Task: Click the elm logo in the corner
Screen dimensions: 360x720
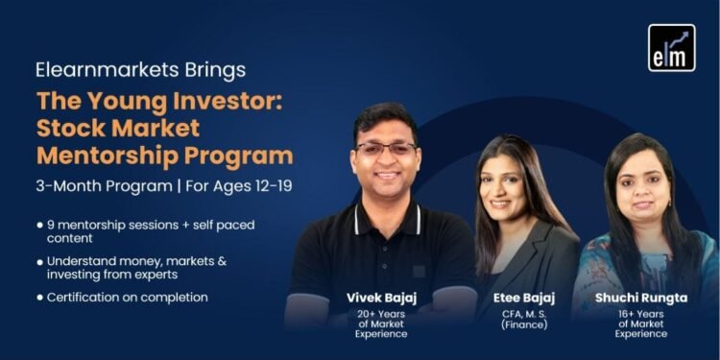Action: (x=671, y=48)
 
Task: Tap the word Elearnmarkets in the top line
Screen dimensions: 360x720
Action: (x=92, y=70)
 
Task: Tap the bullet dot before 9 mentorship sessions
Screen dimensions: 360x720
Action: (x=39, y=225)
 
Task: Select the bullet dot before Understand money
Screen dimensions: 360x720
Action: (x=39, y=261)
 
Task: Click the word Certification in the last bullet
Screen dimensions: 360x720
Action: (x=86, y=298)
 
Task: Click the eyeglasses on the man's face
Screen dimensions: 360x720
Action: (x=386, y=149)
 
